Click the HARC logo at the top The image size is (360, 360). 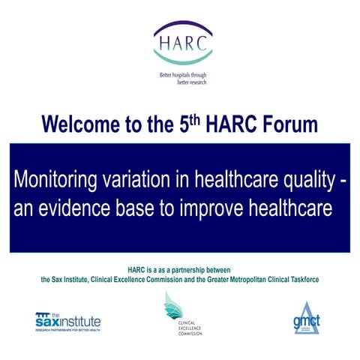click(182, 43)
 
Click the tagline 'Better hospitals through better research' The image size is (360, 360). click(182, 78)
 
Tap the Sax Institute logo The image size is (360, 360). click(68, 320)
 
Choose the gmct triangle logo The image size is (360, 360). click(306, 318)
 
